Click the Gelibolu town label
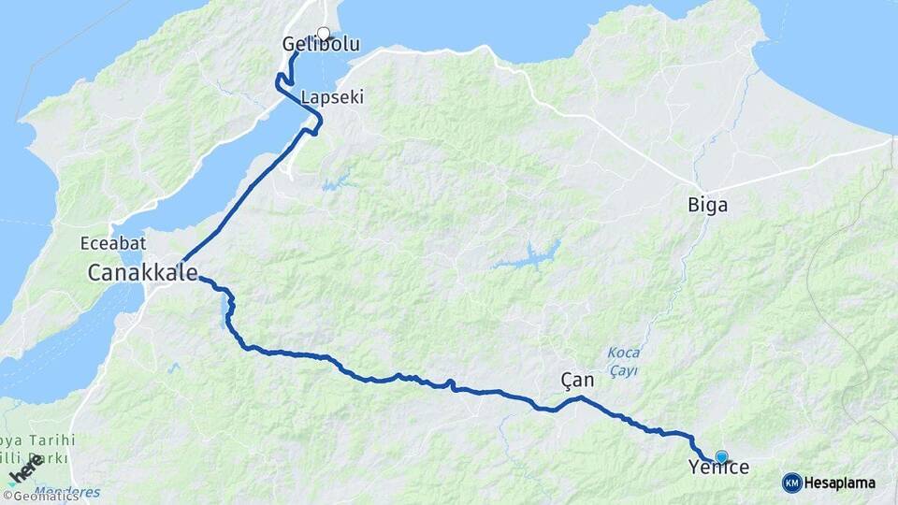[321, 45]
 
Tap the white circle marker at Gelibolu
[324, 35]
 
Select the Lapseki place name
[332, 97]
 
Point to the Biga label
[707, 206]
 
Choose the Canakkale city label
[143, 273]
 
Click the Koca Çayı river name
[623, 361]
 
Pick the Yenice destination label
[718, 468]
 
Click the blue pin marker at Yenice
[721, 455]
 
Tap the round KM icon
[792, 483]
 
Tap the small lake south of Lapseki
[335, 180]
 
